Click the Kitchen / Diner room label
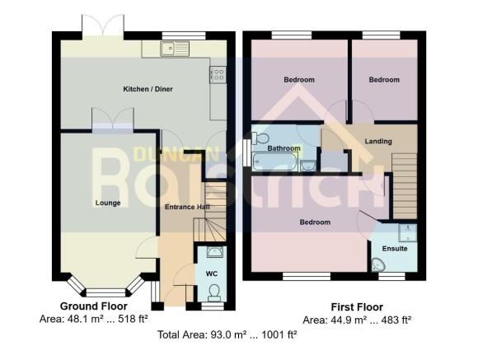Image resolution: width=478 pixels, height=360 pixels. coord(148,89)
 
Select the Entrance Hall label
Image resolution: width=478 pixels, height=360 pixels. coord(185,207)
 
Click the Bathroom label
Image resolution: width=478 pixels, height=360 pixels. coord(283,148)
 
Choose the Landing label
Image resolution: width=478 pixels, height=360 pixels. coord(378,142)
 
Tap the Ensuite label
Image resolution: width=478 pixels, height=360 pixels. coord(395,248)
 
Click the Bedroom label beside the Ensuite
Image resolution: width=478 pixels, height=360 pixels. coord(314,222)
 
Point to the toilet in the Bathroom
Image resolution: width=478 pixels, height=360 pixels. coord(260,138)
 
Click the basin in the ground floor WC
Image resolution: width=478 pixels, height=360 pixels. coord(213,252)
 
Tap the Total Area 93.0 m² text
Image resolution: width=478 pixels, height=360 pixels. coord(227,334)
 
